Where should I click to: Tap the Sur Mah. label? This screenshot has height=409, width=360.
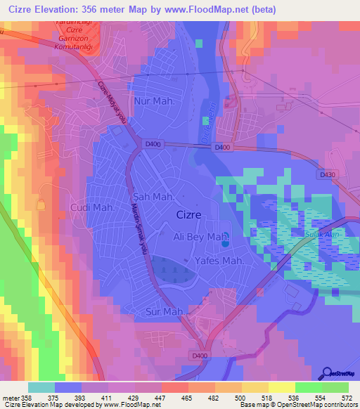point(166,311)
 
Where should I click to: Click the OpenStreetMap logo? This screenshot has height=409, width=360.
point(339,373)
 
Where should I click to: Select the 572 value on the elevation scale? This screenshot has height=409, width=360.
point(347,397)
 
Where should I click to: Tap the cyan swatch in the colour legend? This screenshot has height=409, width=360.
point(41,387)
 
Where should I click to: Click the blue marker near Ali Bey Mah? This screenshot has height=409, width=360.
point(225,245)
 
